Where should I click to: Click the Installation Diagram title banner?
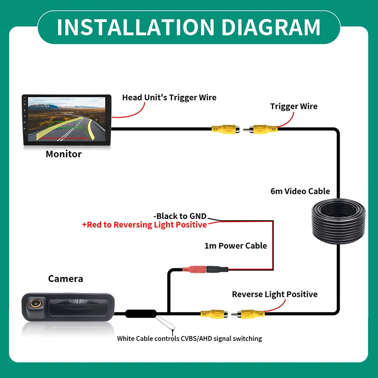point(189,27)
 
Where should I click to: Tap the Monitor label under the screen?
point(64,154)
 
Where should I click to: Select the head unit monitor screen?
point(67,120)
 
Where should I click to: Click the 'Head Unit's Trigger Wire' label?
point(169,98)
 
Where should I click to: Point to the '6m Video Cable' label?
point(300,191)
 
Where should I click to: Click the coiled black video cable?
point(338,221)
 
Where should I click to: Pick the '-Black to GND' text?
point(180,216)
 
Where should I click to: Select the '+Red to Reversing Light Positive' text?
point(145,225)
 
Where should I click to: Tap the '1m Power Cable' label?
point(236,246)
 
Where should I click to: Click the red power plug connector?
point(194,269)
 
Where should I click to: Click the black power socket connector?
point(217,269)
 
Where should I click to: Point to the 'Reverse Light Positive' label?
point(275,294)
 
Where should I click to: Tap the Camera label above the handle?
point(66,279)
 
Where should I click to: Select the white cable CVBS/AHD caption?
point(189,338)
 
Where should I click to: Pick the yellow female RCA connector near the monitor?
point(226,129)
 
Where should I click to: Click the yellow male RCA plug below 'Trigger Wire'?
point(260,129)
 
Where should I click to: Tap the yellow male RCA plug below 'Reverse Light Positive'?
point(248,314)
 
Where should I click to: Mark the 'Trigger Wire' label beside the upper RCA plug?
point(293,106)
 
